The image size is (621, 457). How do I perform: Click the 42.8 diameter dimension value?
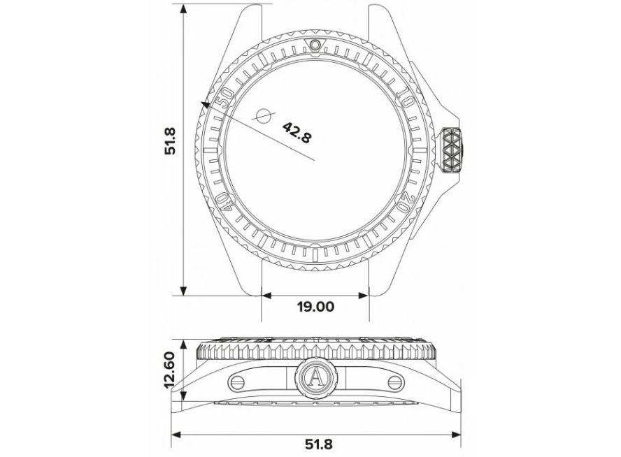pos(297,133)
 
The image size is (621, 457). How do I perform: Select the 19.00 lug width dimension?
pos(315,307)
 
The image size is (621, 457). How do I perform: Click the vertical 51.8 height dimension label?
pos(171,141)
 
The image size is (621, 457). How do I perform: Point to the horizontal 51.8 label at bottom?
pos(319,444)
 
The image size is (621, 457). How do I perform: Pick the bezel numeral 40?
pos(224,202)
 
